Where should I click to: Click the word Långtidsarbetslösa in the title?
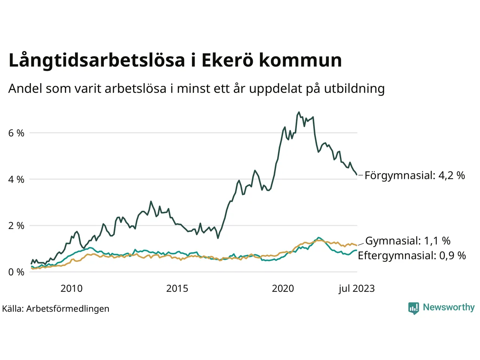tap(97, 61)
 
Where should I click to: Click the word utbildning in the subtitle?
tap(354, 88)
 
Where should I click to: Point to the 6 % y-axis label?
tap(16, 133)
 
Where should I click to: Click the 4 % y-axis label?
tap(16, 180)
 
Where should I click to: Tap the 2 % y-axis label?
tap(16, 226)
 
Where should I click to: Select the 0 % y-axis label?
tap(16, 272)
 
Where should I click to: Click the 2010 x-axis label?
tap(71, 288)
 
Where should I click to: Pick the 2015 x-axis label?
tap(177, 288)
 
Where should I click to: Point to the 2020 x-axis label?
tap(283, 288)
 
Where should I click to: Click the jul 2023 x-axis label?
tap(356, 288)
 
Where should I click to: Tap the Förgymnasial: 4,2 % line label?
tap(415, 175)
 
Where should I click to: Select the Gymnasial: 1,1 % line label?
tap(408, 241)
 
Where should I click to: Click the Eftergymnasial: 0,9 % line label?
tap(412, 256)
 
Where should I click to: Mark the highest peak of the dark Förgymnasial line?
tap(299, 112)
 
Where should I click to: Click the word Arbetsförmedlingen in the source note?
tap(68, 309)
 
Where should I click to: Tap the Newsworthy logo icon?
tap(414, 308)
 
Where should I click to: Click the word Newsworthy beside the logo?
tap(448, 307)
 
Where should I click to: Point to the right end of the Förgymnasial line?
tap(356, 175)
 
